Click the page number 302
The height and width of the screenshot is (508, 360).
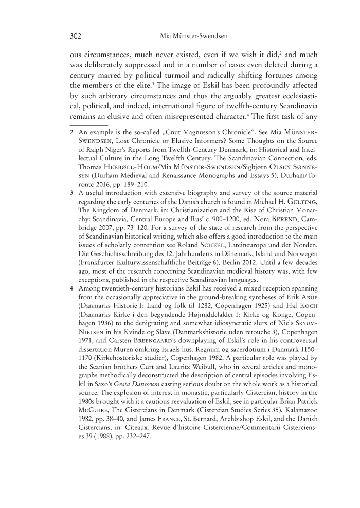pos(77,37)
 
